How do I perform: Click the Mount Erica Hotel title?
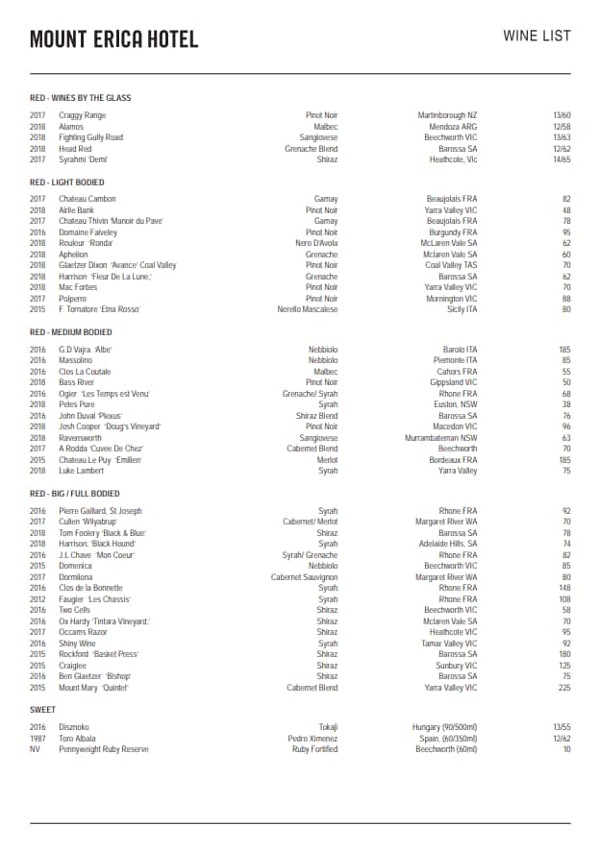point(114,39)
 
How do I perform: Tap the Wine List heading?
point(537,36)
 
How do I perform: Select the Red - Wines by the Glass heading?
point(80,98)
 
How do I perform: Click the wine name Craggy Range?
point(83,115)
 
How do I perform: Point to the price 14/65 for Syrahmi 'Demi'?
point(562,159)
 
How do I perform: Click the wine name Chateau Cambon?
point(87,199)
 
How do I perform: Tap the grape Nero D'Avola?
point(317,243)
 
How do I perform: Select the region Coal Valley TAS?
point(451,265)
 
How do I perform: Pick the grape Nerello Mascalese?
point(308,309)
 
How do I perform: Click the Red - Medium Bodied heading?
point(71,332)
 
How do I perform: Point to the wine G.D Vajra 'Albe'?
point(86,350)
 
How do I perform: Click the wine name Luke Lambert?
point(82,471)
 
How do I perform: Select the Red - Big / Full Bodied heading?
point(75,494)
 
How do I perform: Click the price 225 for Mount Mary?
point(562,688)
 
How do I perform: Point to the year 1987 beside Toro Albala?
point(37,738)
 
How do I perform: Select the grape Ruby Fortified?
point(314,749)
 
